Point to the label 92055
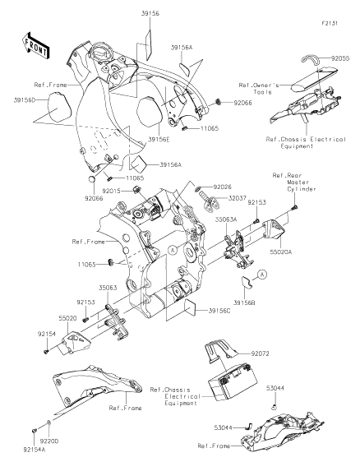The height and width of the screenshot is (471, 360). click(339, 59)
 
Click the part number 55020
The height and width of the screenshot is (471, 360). click(69, 316)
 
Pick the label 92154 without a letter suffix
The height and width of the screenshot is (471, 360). click(46, 335)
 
